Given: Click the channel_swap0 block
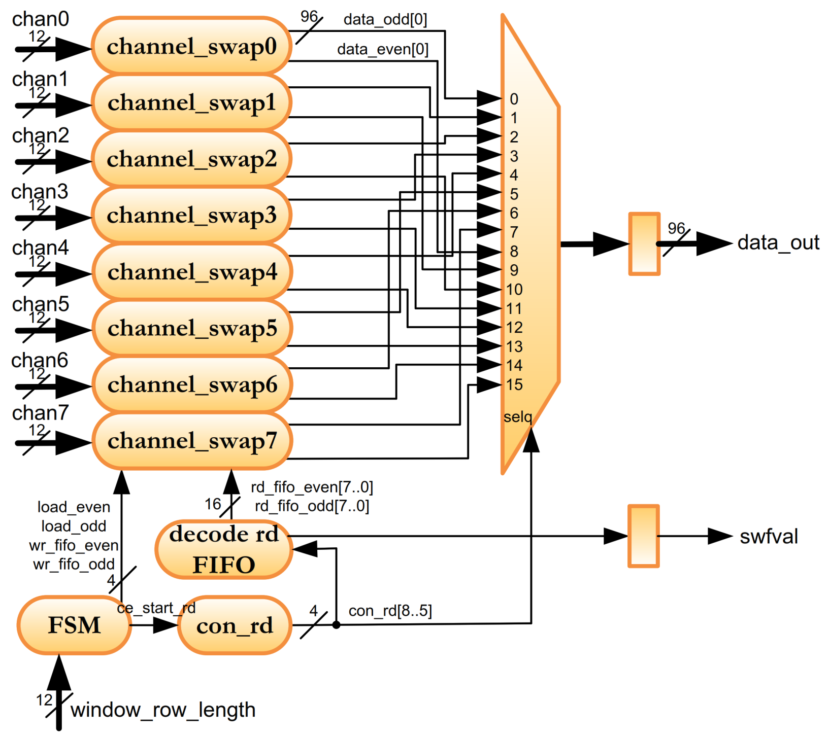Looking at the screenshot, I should pyautogui.click(x=191, y=47).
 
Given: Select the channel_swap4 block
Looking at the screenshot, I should pyautogui.click(x=191, y=272).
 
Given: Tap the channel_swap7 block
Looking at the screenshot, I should pyautogui.click(x=191, y=441).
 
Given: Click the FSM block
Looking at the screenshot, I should pyautogui.click(x=74, y=625).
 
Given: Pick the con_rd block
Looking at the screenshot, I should pyautogui.click(x=235, y=625).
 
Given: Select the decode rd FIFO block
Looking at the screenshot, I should pyautogui.click(x=224, y=549).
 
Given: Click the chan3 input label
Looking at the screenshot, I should pyautogui.click(x=40, y=192).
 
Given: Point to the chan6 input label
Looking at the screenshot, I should pyautogui.click(x=40, y=361).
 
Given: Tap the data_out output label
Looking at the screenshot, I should pyautogui.click(x=778, y=243).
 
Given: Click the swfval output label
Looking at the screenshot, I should pyautogui.click(x=769, y=537).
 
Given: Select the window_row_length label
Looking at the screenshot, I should pyautogui.click(x=163, y=710).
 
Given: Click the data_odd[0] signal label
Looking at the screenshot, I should pyautogui.click(x=385, y=20).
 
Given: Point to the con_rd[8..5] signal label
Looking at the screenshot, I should pyautogui.click(x=390, y=611).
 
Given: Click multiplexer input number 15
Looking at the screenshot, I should pyautogui.click(x=514, y=384).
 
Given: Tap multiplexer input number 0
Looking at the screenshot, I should pyautogui.click(x=514, y=99).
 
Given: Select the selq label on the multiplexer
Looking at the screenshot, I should pyautogui.click(x=518, y=417).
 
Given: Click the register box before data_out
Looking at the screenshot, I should pyautogui.click(x=644, y=244).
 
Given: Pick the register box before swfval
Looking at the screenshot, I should pyautogui.click(x=643, y=536).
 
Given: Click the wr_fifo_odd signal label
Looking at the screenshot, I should pyautogui.click(x=74, y=564).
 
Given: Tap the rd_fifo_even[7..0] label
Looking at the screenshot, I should pyautogui.click(x=312, y=487).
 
